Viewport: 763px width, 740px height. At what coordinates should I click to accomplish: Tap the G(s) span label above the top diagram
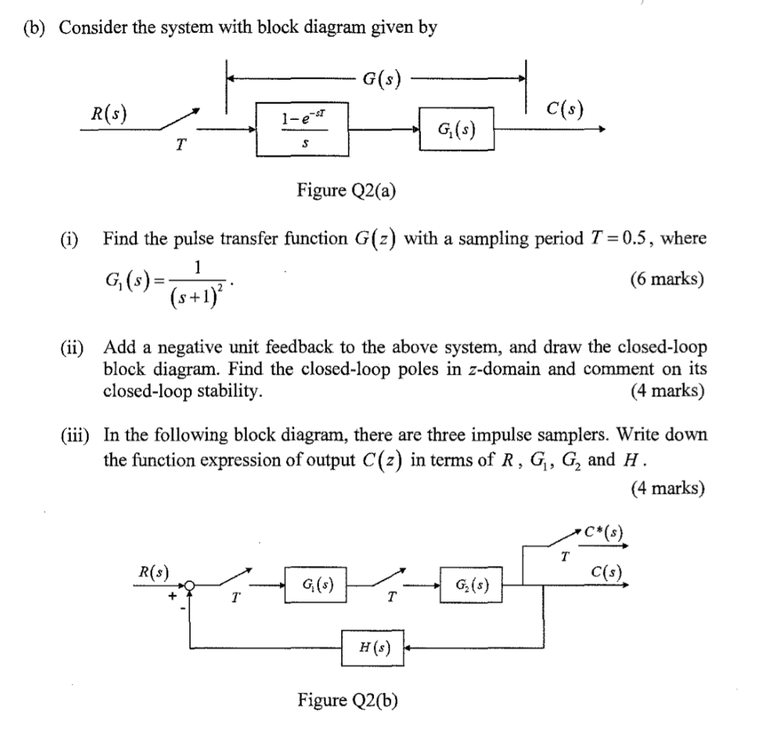[x=381, y=78]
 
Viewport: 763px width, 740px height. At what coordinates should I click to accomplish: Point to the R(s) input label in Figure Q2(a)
[x=107, y=114]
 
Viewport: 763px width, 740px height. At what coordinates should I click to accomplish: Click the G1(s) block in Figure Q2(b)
[x=316, y=585]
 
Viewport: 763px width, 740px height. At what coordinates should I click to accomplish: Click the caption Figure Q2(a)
[x=346, y=192]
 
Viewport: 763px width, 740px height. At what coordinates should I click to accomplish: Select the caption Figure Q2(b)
[x=347, y=700]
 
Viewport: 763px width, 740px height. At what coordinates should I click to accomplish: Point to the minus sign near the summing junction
[x=183, y=608]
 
